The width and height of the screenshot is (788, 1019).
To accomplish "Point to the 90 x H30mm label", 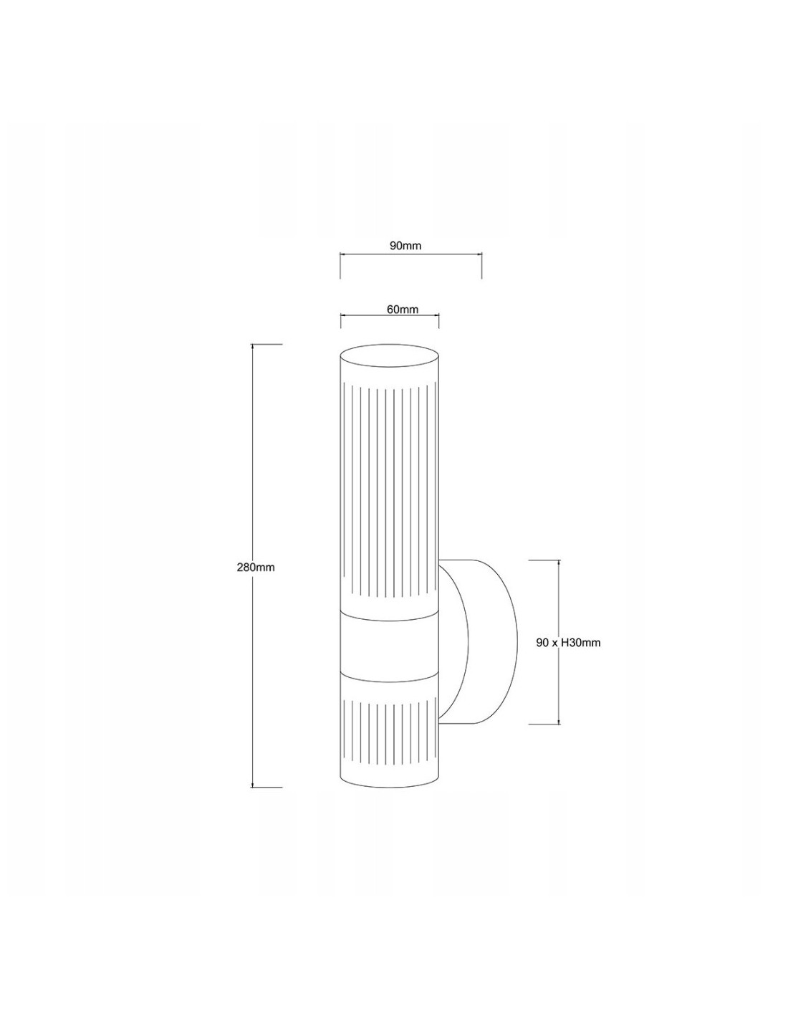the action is [x=568, y=643].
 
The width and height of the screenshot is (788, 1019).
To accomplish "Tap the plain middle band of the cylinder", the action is [x=390, y=645].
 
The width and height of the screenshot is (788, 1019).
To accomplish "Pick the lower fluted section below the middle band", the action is [x=390, y=742].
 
